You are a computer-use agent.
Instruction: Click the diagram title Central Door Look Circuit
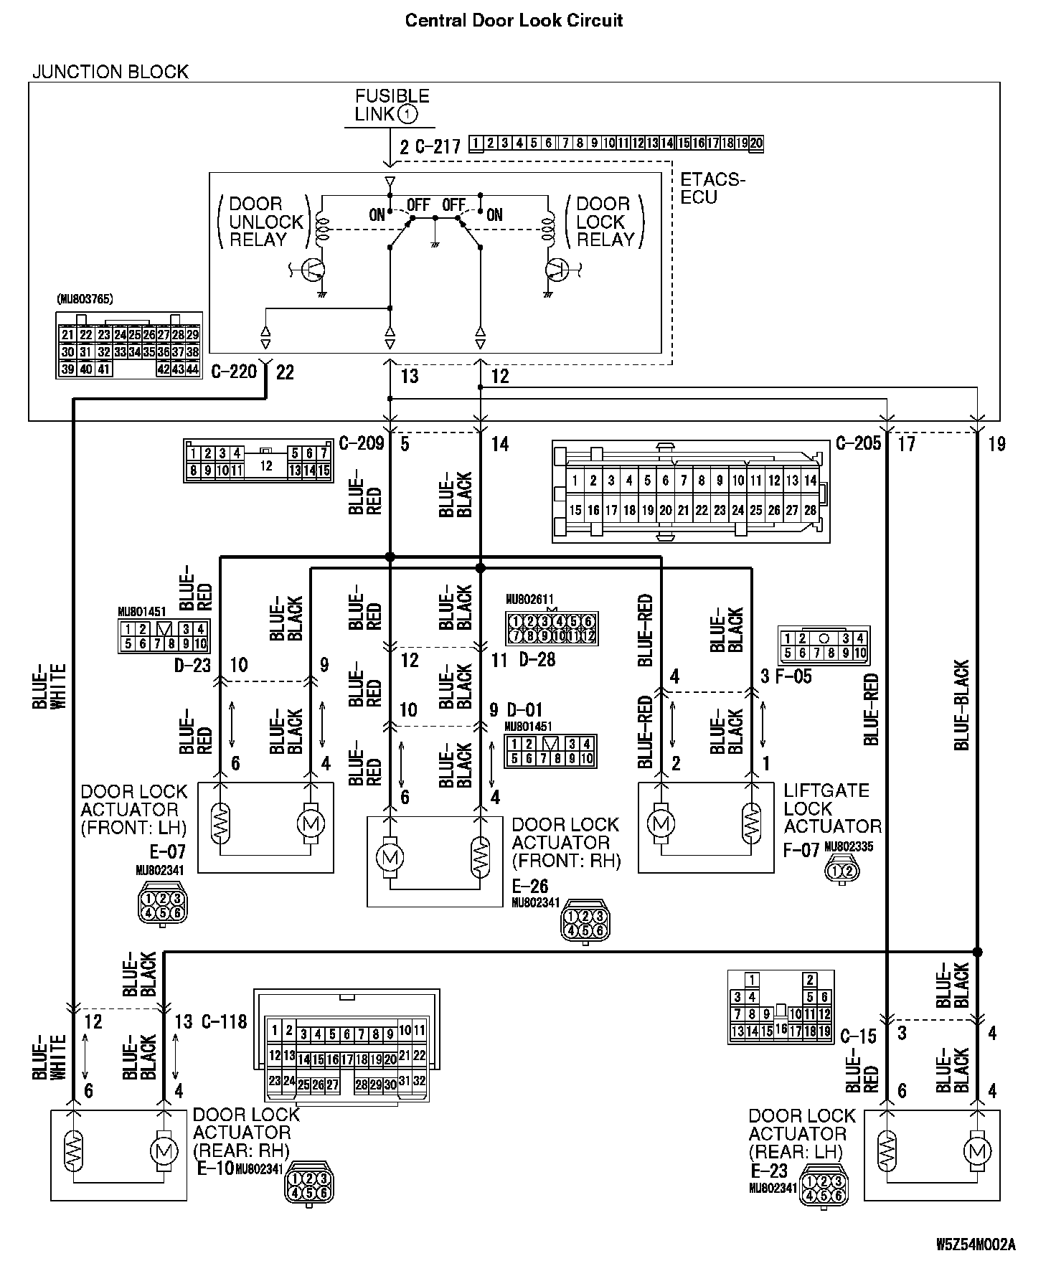pyautogui.click(x=514, y=20)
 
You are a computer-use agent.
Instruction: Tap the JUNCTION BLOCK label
pyautogui.click(x=110, y=72)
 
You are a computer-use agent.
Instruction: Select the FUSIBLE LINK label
pyautogui.click(x=392, y=105)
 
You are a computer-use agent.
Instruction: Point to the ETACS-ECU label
pyautogui.click(x=712, y=188)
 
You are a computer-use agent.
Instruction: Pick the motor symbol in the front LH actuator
pyautogui.click(x=311, y=823)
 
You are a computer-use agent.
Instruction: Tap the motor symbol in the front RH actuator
pyautogui.click(x=390, y=856)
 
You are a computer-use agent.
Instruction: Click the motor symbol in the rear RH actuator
pyautogui.click(x=164, y=1152)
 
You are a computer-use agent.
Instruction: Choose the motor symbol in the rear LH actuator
pyautogui.click(x=976, y=1152)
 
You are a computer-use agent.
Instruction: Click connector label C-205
pyautogui.click(x=858, y=443)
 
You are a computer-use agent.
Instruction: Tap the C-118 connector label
pyautogui.click(x=224, y=1021)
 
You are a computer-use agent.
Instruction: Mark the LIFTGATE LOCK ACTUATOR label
pyautogui.click(x=831, y=808)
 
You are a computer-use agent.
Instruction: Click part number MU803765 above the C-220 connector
pyautogui.click(x=85, y=298)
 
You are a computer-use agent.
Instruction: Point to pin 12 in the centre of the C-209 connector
pyautogui.click(x=266, y=466)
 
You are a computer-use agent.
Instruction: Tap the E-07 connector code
pyautogui.click(x=167, y=851)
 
